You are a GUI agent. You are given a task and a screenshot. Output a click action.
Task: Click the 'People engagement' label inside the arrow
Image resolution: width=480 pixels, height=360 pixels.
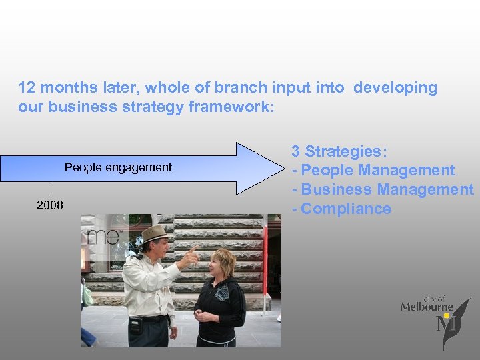point(118,167)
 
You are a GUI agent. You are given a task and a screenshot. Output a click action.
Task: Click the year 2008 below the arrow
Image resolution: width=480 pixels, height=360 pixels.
point(50,205)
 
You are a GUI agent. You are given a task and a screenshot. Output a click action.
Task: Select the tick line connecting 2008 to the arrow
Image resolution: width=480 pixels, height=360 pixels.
point(51,189)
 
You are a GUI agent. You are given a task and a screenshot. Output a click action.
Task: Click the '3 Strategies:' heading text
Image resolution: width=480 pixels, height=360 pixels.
point(339,151)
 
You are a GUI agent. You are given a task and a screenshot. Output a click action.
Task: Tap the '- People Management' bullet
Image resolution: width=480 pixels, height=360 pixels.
point(373,171)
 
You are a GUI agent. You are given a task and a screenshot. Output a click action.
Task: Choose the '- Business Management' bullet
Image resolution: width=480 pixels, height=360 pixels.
point(382,189)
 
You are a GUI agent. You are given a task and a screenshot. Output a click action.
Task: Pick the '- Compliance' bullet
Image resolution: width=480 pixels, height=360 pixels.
point(341,209)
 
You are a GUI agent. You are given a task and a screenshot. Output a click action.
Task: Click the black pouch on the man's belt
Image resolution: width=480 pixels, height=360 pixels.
point(136,325)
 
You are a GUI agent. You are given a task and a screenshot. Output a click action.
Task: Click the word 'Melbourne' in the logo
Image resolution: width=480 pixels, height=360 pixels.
point(426,307)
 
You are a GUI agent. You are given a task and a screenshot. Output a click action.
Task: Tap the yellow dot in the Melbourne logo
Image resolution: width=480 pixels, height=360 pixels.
point(447,315)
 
